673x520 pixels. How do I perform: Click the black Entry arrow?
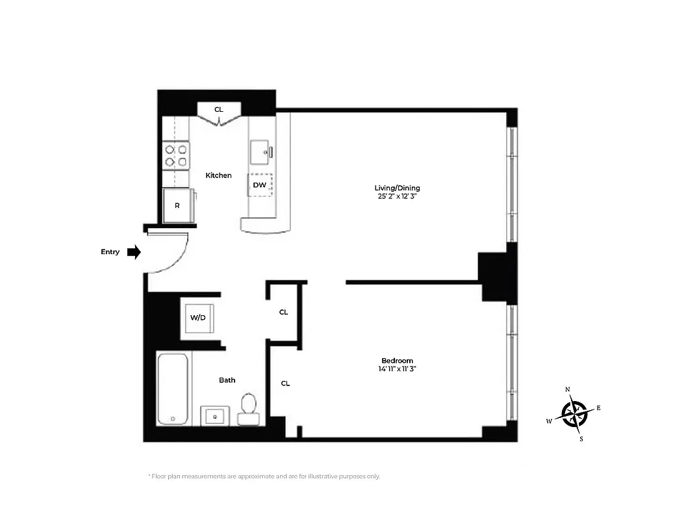134,252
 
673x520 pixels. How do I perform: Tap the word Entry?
110,252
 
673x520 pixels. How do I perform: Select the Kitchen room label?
218,175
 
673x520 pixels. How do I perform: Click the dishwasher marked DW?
260,185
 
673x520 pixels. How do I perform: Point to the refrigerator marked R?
177,205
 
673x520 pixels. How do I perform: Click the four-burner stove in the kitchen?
176,155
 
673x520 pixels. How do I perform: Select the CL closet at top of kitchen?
219,110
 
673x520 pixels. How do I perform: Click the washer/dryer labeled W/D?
198,318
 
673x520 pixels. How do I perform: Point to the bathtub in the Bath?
173,389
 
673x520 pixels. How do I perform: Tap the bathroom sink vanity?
214,415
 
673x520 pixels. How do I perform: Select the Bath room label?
227,380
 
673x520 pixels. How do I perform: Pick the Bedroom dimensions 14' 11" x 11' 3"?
397,369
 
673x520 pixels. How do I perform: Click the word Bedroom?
397,361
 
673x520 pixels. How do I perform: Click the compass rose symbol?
574,413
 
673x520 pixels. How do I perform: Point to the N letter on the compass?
568,389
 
